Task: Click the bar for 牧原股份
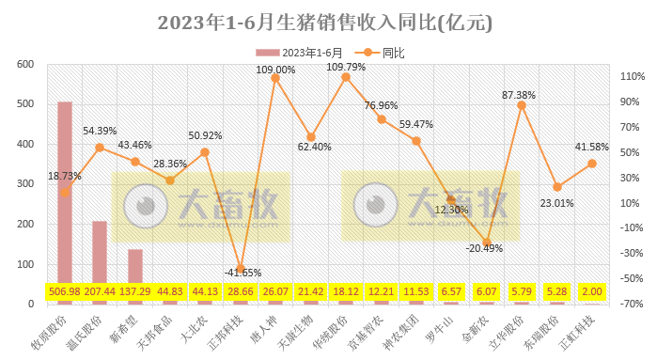click(65, 197)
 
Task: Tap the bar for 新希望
click(134, 273)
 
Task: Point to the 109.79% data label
click(345, 67)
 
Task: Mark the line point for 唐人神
click(275, 78)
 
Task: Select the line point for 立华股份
click(522, 105)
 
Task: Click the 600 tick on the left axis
click(25, 65)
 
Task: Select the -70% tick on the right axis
click(629, 304)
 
